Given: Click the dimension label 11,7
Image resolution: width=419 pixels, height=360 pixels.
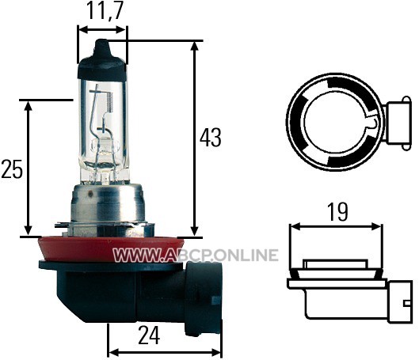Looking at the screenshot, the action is (x=105, y=11).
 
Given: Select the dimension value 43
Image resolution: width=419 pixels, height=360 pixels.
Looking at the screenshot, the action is (x=211, y=138).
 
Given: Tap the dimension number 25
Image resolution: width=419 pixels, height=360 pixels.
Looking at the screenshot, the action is (x=12, y=169).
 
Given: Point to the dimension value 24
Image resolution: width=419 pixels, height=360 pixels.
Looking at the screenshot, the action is (x=149, y=335).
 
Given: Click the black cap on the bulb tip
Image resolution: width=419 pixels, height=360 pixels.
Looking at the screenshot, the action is (x=101, y=60).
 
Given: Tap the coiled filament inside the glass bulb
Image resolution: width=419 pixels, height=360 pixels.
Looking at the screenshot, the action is (x=109, y=102).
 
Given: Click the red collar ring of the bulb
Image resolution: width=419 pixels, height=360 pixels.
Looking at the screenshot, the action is (x=111, y=249).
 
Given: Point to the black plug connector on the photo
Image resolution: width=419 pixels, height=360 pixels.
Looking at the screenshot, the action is (x=204, y=297).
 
